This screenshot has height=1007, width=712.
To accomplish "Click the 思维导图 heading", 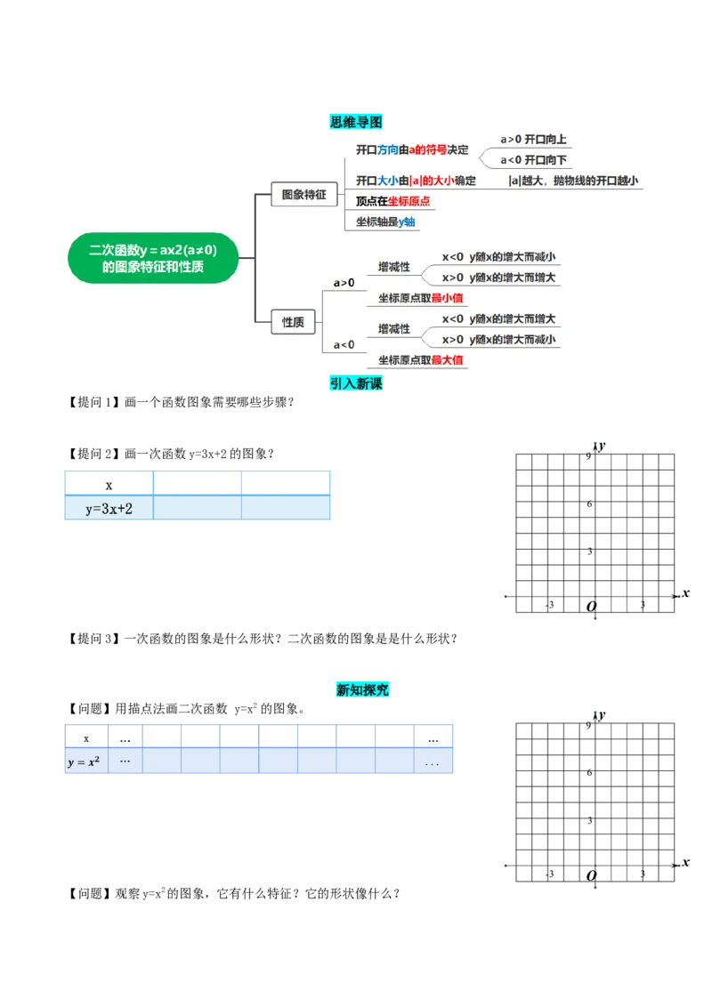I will pyautogui.click(x=356, y=121).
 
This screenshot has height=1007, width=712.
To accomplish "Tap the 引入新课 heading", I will pyautogui.click(x=356, y=384).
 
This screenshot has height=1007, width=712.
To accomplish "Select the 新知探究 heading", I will pyautogui.click(x=362, y=689).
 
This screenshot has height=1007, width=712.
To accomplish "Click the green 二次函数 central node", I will pyautogui.click(x=153, y=258).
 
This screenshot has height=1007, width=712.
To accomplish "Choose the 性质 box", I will pyautogui.click(x=293, y=321).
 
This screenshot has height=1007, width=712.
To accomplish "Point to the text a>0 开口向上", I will pyautogui.click(x=533, y=140).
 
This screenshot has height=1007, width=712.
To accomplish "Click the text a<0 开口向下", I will pyautogui.click(x=533, y=160).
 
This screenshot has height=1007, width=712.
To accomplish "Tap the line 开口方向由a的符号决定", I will pyautogui.click(x=412, y=149).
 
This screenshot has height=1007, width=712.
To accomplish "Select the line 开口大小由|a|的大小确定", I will pyautogui.click(x=416, y=181).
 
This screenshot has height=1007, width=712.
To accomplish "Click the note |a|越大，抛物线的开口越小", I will pyautogui.click(x=574, y=181).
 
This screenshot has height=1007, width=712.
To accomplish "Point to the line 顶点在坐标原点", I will pyautogui.click(x=392, y=201).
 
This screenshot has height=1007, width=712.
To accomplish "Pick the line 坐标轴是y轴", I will pyautogui.click(x=385, y=222).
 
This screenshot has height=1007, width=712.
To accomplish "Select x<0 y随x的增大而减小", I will pyautogui.click(x=499, y=257).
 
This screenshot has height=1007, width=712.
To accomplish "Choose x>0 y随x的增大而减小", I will pyautogui.click(x=499, y=339).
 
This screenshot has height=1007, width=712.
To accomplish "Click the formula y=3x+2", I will pyautogui.click(x=109, y=509).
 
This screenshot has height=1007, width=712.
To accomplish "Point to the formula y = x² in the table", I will pyautogui.click(x=83, y=762).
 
